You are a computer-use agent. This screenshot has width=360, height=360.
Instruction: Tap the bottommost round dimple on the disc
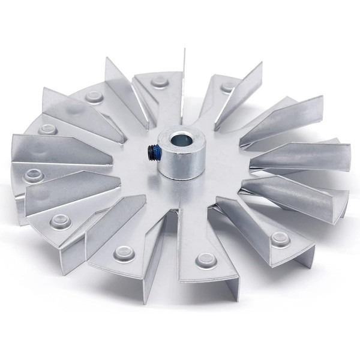[x=205, y=260]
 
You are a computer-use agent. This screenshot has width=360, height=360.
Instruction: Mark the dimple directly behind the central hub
[x=160, y=80]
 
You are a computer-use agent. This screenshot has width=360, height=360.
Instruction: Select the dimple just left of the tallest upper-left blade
[x=94, y=96]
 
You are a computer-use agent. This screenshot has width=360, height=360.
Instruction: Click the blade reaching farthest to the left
[x=60, y=150]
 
